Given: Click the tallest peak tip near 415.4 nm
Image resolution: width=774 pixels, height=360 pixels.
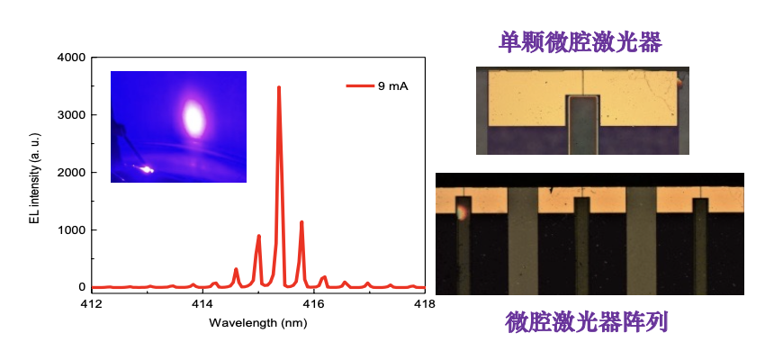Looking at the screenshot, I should coord(279,87).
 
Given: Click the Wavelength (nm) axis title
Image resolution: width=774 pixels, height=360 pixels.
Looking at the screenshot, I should coord(258,322).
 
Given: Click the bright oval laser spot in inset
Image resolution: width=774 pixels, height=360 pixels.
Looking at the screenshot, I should coord(193,117).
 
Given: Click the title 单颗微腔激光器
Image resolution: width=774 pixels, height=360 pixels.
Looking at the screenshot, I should coord(580,40).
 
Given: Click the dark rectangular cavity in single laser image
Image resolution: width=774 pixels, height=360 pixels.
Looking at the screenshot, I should coord(583,122).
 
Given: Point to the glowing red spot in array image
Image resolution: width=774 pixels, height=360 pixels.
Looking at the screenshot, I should coord(461,212).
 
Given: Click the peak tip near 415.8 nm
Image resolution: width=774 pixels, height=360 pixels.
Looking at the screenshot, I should coord(301,221).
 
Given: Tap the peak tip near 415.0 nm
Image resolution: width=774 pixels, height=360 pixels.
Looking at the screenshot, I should coord(259,236).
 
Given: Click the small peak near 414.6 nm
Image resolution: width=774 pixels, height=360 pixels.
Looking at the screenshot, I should coord(236,269).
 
